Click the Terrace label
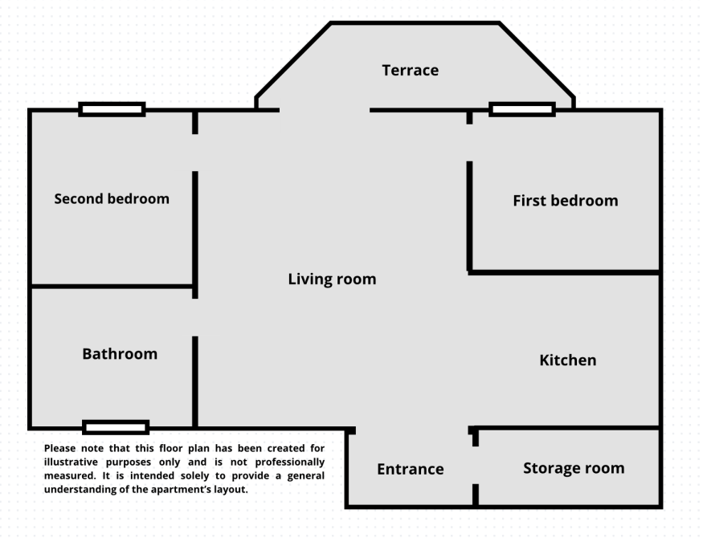point(411,71)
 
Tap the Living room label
point(332,279)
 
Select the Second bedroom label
point(112,198)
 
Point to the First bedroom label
point(566,200)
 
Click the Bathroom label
point(120,354)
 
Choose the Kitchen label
point(567,361)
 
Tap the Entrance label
point(411,469)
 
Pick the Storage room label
point(574,468)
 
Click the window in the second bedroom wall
point(112,109)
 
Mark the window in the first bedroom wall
point(522,109)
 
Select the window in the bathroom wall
point(116,427)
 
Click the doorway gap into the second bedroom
point(195,153)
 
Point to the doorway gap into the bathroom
point(195,318)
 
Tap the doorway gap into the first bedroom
point(469,143)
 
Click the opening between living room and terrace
point(325,110)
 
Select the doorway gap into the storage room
point(476,465)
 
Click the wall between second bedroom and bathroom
point(112,286)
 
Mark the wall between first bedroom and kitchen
point(565,272)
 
